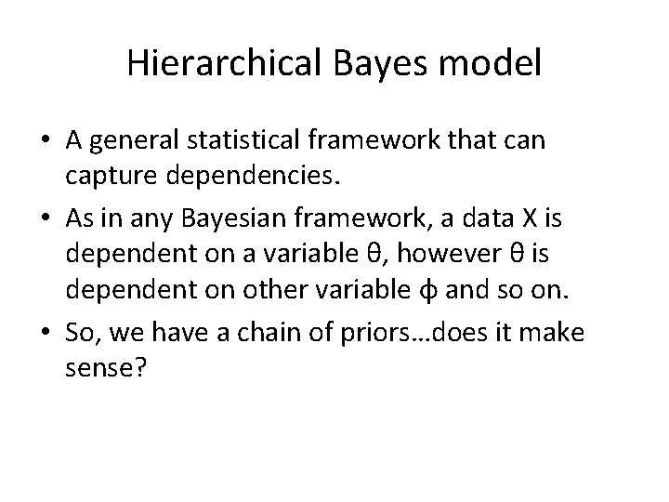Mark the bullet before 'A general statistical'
click(46, 141)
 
